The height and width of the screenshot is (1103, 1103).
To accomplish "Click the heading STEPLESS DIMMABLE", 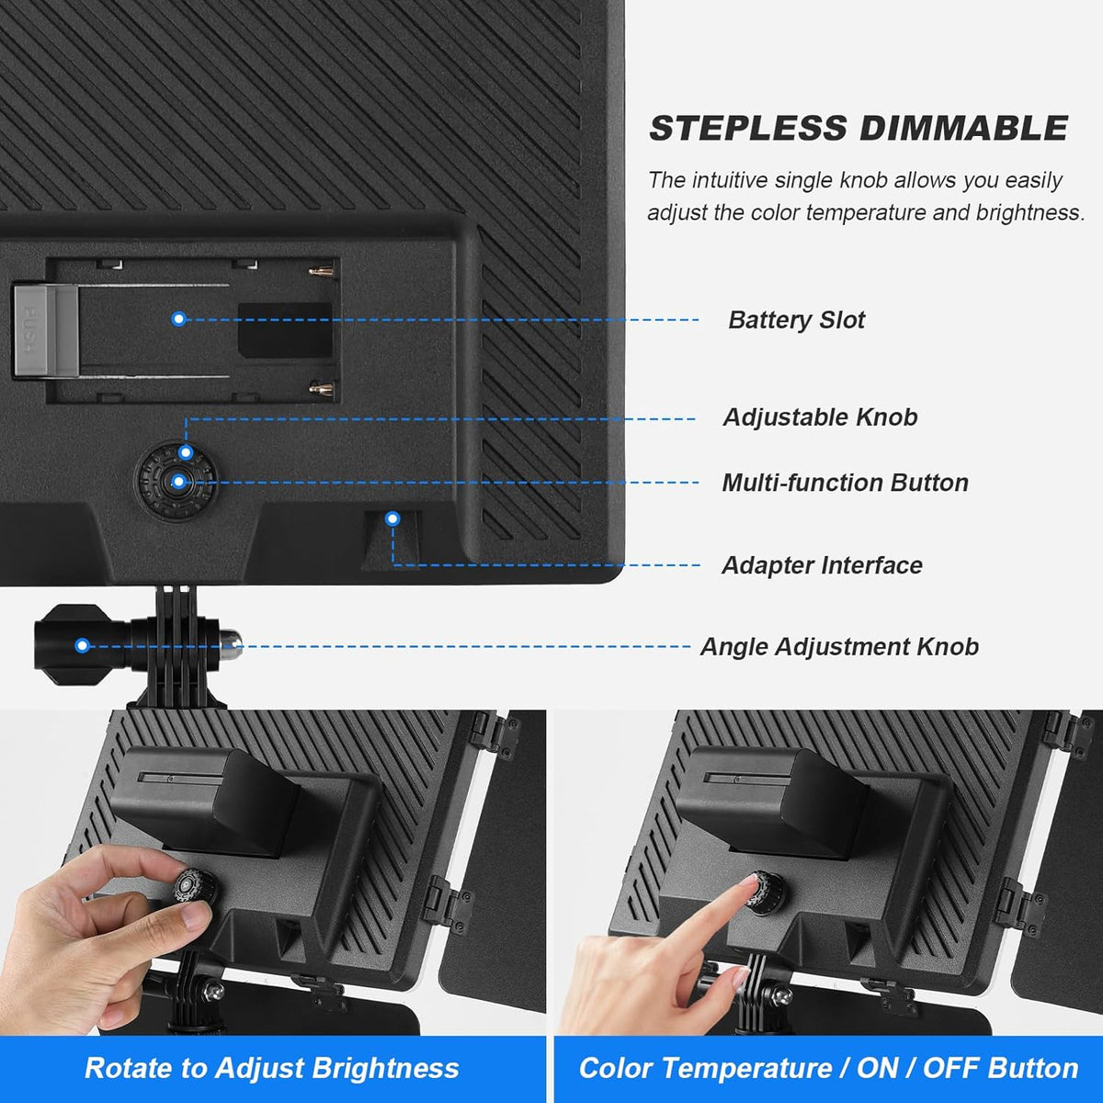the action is pos(859,128).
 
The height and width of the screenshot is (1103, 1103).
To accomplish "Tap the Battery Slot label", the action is pos(796,320).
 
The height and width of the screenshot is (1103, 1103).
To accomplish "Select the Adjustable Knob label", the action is pos(820,417).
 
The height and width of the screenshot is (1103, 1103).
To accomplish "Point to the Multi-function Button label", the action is pos(845,483).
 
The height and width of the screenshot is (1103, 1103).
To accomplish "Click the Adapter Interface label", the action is pos(822,565).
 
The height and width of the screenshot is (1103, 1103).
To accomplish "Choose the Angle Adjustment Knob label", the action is pos(839,647).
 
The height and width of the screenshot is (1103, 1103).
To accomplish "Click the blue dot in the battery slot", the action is pos(178,319).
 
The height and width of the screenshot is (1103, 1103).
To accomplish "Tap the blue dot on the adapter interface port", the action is pos(392,518).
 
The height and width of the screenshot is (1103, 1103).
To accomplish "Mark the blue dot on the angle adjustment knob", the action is pos(83,645).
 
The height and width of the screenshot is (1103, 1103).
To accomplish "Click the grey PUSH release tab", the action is pos(46,332).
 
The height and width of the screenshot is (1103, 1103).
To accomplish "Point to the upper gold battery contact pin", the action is pos(321,271).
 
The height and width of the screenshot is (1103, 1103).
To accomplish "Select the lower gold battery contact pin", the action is pos(321,389).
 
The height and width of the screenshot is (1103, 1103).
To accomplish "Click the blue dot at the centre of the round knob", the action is pos(178,482).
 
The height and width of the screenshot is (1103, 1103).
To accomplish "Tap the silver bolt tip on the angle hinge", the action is pos(230,643).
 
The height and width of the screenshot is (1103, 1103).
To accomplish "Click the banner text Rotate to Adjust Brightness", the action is pos(272,1068).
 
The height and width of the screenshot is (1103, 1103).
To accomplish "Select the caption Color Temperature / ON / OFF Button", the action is pos(828,1068).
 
